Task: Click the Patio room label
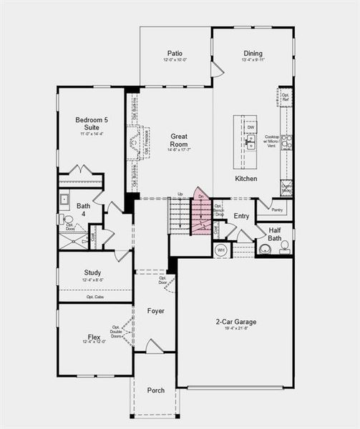click(175, 53)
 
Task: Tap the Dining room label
click(253, 53)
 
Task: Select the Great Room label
click(178, 139)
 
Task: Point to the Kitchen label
click(245, 178)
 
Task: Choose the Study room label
click(92, 272)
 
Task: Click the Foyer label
click(156, 311)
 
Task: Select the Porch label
click(156, 390)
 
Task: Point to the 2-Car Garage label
click(235, 321)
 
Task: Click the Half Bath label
click(274, 234)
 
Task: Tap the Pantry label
click(278, 210)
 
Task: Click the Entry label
click(242, 216)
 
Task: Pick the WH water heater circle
click(220, 250)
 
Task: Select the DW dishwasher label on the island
click(250, 127)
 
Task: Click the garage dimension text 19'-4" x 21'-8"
click(235, 330)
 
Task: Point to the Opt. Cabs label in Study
click(95, 297)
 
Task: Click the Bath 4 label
click(84, 209)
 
